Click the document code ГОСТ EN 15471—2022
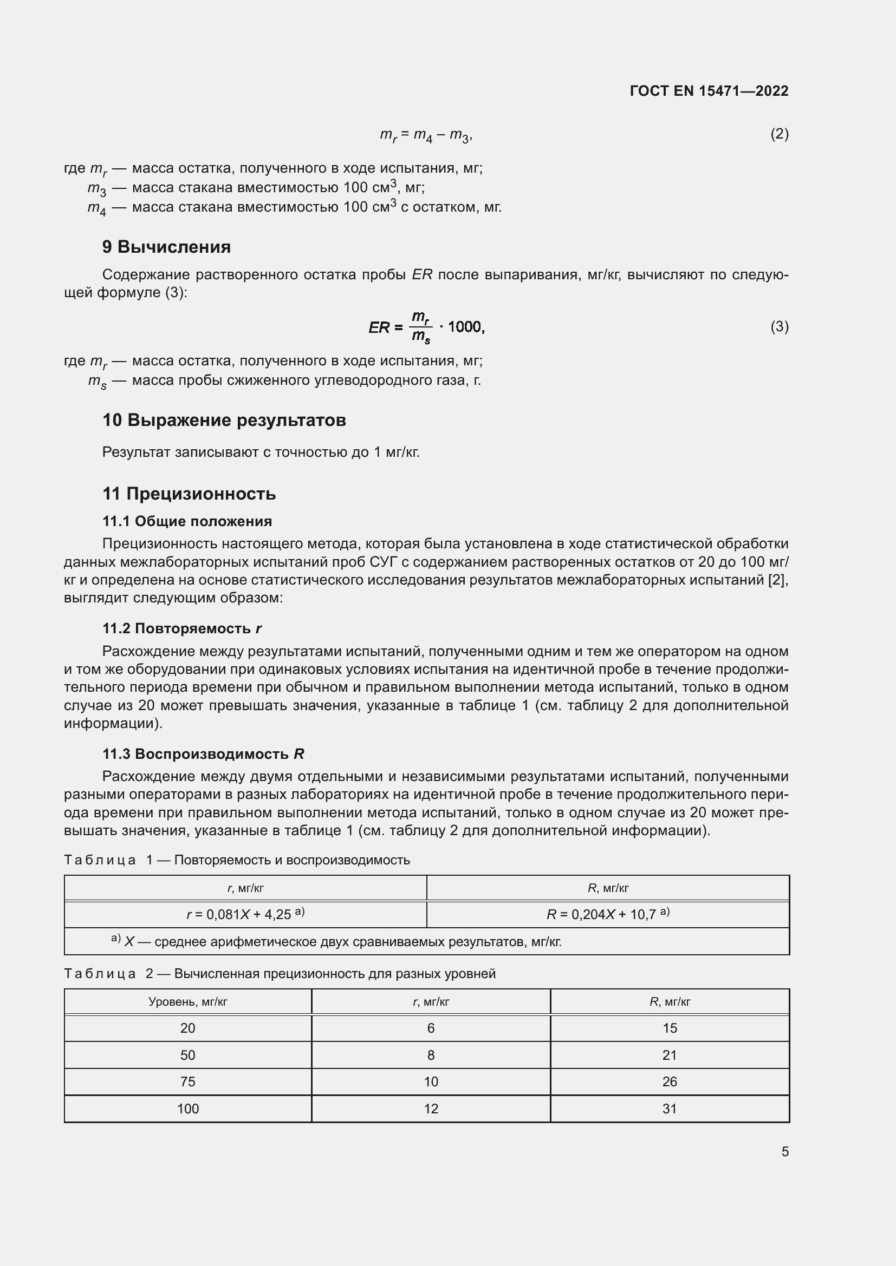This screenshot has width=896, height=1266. (x=709, y=91)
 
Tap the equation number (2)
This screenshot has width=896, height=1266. (x=779, y=134)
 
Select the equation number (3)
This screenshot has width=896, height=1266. (x=779, y=326)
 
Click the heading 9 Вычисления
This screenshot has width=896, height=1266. (x=166, y=246)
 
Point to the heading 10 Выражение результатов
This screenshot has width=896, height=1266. (x=224, y=420)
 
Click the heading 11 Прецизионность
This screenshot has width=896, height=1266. (x=189, y=494)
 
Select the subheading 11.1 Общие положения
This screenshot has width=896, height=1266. (x=187, y=521)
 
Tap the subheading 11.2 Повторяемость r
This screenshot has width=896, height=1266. (x=181, y=628)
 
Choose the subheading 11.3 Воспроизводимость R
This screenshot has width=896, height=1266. (x=203, y=754)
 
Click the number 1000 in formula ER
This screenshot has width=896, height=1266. (x=465, y=327)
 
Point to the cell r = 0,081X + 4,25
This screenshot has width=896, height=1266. (x=245, y=914)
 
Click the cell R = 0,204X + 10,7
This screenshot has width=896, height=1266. (x=607, y=914)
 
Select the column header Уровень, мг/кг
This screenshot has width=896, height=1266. (x=187, y=1001)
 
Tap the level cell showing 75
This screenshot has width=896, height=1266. (x=187, y=1082)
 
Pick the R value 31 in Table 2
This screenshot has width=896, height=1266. (x=669, y=1109)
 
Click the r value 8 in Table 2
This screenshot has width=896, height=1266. (x=430, y=1055)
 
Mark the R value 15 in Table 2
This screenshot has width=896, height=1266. (x=669, y=1028)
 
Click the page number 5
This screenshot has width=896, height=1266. (x=784, y=1151)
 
